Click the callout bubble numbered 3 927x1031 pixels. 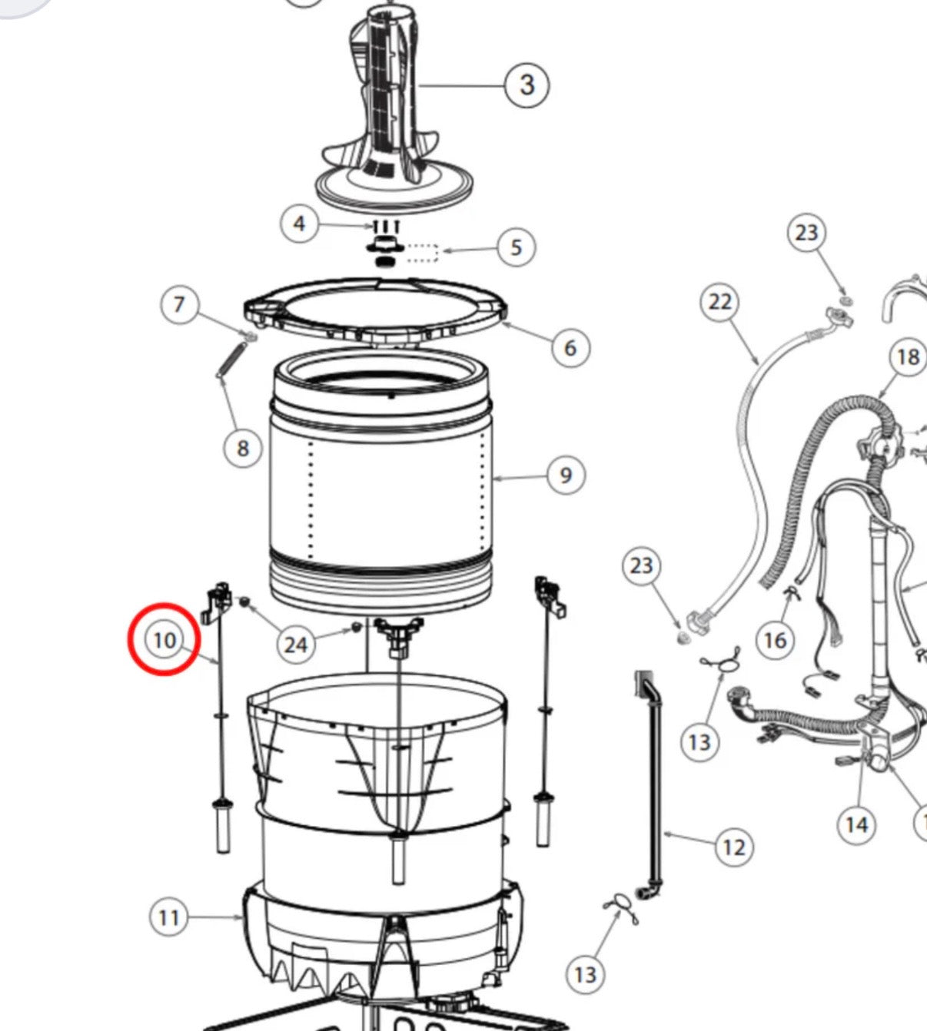pyautogui.click(x=527, y=85)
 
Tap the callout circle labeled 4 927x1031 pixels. pyautogui.click(x=300, y=224)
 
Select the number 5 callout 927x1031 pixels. pyautogui.click(x=517, y=247)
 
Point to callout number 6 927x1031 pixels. pyautogui.click(x=570, y=348)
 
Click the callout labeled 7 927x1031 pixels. pyautogui.click(x=178, y=304)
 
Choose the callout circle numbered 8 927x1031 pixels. pyautogui.click(x=243, y=448)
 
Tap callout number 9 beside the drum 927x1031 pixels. pyautogui.click(x=566, y=476)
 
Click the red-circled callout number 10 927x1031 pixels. pyautogui.click(x=164, y=641)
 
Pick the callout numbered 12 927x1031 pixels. pyautogui.click(x=734, y=847)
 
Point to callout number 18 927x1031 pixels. pyautogui.click(x=909, y=357)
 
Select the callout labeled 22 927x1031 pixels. pyautogui.click(x=719, y=302)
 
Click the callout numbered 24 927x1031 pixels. pyautogui.click(x=296, y=645)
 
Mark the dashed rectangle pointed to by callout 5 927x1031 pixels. pyautogui.click(x=422, y=253)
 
